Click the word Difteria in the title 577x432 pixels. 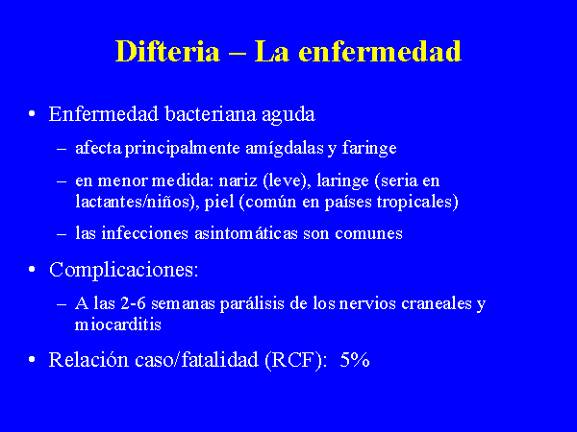click(x=167, y=51)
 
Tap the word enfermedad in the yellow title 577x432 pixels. click(x=380, y=51)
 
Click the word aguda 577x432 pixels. click(x=288, y=115)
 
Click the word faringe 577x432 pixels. click(x=369, y=149)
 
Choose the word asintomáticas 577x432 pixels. click(x=246, y=233)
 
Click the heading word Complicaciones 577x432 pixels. click(x=124, y=271)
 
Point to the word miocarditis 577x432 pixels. click(x=118, y=324)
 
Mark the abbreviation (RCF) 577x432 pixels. click(x=295, y=360)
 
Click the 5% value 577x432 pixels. click(x=355, y=360)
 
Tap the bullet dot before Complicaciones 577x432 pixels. click(x=32, y=269)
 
